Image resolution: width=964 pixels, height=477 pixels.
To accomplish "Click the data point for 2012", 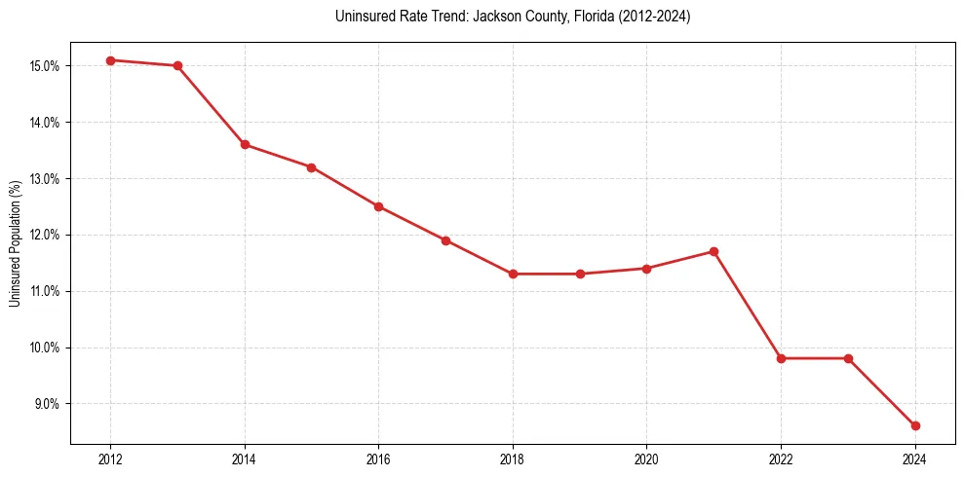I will point(110,60).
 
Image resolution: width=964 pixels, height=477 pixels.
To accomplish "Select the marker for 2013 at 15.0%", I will point(177,66).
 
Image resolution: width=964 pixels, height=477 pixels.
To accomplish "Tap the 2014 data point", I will point(245,144).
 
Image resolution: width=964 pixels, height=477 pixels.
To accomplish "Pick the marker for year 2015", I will point(311,167).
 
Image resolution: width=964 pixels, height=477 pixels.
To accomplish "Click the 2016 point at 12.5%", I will point(378,206).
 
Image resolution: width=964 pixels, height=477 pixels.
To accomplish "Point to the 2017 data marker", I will point(445,240).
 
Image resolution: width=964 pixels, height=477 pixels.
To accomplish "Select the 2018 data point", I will point(513,274).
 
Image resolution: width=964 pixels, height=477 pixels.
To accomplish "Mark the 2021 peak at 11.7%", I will point(713,251).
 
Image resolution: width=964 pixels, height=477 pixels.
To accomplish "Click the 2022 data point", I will point(781,358).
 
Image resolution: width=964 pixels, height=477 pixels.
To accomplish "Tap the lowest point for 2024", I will point(915,425).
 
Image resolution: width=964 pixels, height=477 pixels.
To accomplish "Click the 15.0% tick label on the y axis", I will point(46,66).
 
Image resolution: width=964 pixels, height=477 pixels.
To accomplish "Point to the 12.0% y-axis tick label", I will point(46,235).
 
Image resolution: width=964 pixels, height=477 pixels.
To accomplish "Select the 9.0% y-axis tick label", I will point(48,404).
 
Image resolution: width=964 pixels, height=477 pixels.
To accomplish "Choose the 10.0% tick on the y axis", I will point(46,348).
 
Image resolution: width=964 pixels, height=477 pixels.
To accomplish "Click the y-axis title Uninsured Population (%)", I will point(16,243).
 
